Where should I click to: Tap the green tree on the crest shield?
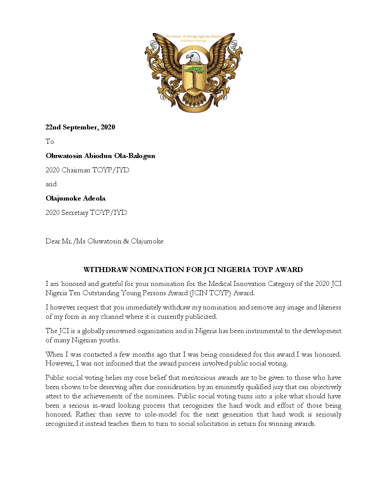(x=194, y=71)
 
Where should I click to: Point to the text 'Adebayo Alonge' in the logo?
(x=193, y=41)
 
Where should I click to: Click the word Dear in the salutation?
(x=53, y=241)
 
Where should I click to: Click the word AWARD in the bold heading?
(x=289, y=270)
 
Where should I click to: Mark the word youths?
(x=109, y=340)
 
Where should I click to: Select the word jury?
(x=278, y=387)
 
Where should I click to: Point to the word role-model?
(x=159, y=414)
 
